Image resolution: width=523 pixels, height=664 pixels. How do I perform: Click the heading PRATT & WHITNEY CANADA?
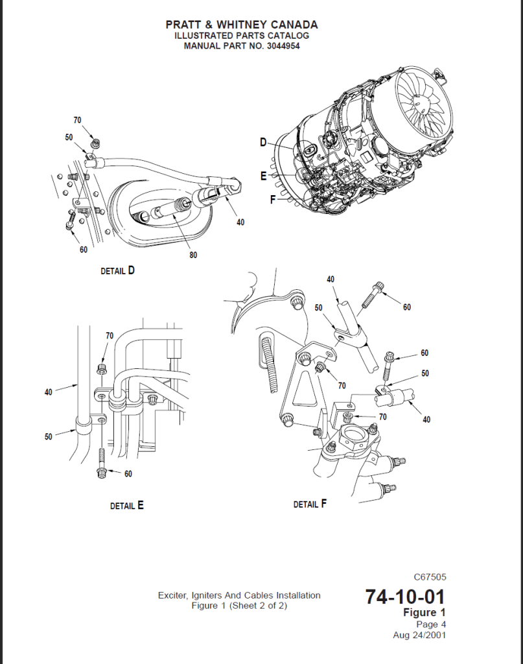[242, 25]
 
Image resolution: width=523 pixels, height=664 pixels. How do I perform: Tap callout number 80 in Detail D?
[193, 255]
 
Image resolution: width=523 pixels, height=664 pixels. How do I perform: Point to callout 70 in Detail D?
[77, 120]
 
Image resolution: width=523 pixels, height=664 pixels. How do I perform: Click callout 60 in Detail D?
[84, 250]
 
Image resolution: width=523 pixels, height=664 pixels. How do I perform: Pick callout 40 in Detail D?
[240, 222]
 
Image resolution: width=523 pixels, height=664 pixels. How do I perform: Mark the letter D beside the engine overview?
[264, 143]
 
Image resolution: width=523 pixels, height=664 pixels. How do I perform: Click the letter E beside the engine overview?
[264, 176]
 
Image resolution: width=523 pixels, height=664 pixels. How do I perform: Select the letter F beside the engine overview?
[273, 200]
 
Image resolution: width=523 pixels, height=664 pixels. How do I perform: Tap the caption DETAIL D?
[118, 271]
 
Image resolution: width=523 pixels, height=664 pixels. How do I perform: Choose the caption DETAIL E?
[126, 506]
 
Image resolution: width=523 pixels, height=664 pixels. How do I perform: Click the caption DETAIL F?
[310, 504]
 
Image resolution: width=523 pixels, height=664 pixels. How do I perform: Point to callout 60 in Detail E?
[128, 474]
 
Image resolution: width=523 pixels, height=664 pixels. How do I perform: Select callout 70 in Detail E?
[110, 336]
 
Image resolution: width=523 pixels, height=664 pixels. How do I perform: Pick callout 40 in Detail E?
[49, 392]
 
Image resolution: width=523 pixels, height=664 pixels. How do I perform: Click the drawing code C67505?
[430, 576]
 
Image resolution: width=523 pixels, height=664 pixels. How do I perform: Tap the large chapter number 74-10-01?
[405, 595]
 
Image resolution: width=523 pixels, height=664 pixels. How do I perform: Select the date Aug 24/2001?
[419, 635]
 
